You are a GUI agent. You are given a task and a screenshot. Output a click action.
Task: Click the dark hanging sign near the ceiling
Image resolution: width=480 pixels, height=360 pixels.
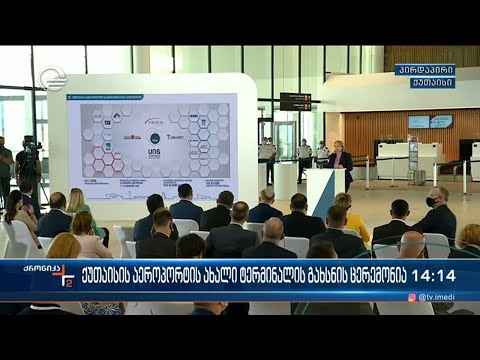[295, 100]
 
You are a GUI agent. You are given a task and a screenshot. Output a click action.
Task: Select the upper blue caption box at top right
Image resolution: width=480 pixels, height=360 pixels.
[425, 70]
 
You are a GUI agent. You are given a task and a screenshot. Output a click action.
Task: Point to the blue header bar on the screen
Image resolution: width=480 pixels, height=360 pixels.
[150, 97]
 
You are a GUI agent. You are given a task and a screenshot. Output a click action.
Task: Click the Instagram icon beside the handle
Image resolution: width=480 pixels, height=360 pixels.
[411, 297]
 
